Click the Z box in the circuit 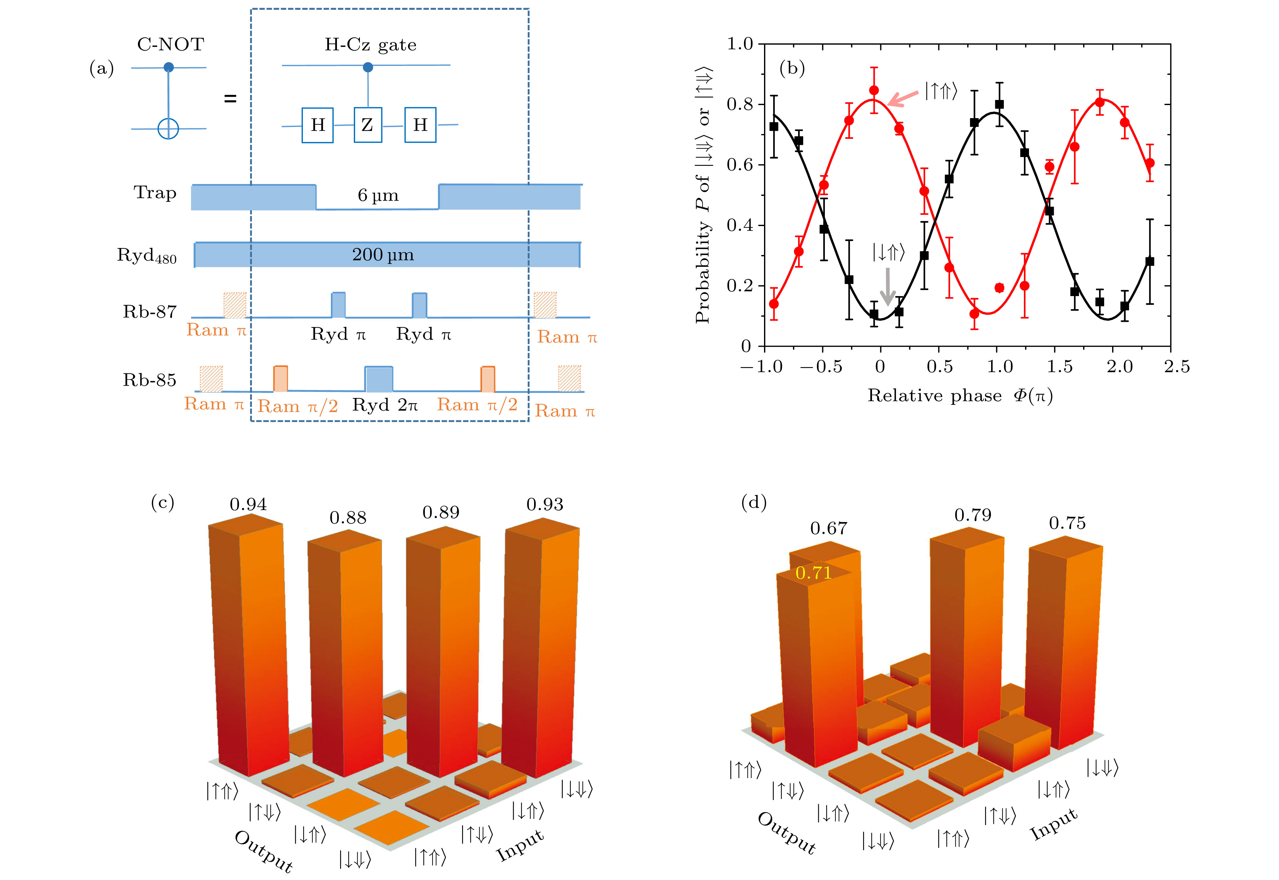click(368, 125)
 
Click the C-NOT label click(170, 45)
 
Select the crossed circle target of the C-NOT click(168, 129)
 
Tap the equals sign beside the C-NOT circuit click(230, 99)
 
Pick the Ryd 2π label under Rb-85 click(385, 405)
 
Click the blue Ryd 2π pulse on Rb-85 click(379, 379)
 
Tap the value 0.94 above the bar click(248, 504)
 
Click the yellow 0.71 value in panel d click(813, 573)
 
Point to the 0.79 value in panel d click(973, 515)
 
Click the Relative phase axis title click(960, 396)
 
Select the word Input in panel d click(1054, 823)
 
